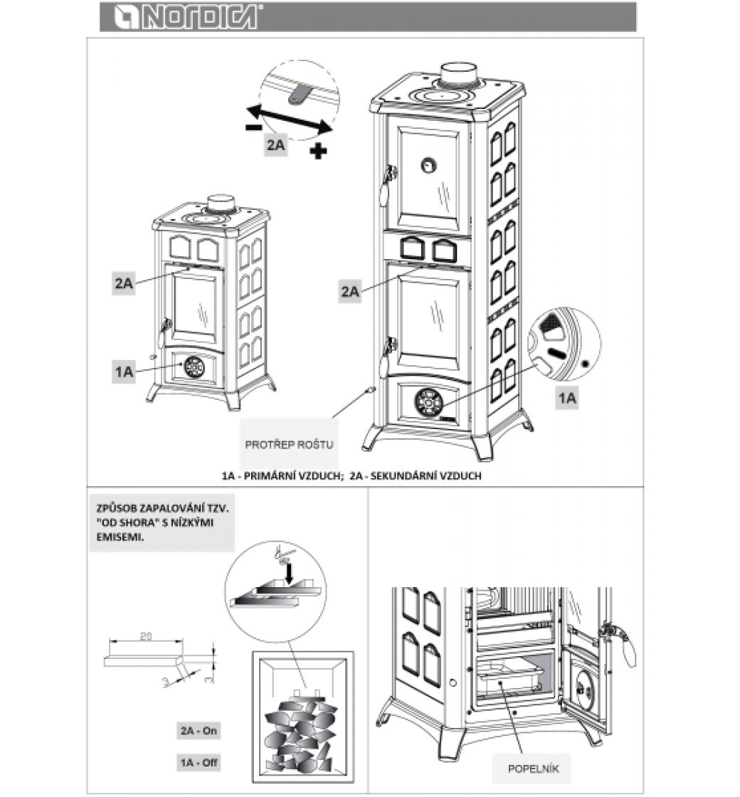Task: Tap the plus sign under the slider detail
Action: point(319,150)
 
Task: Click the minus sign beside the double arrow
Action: point(252,127)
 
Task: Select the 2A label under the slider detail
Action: point(277,146)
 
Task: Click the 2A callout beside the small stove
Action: point(124,283)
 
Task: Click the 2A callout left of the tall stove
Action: point(350,290)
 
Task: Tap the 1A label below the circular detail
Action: point(566,398)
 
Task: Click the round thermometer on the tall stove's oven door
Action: point(428,164)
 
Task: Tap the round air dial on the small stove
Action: point(194,366)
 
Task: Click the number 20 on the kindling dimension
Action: point(145,637)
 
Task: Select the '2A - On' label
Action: point(199,730)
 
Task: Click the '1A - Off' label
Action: point(199,763)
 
